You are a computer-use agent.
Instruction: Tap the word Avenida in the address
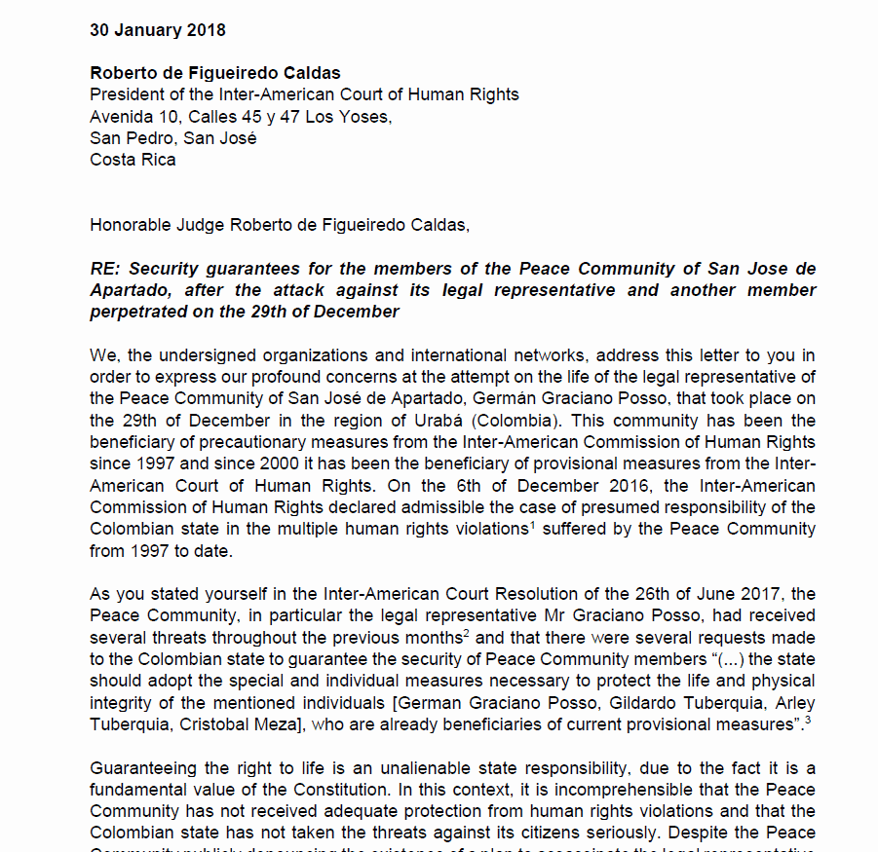(121, 117)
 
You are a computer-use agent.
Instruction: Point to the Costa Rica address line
(133, 160)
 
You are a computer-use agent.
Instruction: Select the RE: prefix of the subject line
(105, 269)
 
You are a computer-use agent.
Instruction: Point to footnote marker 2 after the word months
(465, 632)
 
